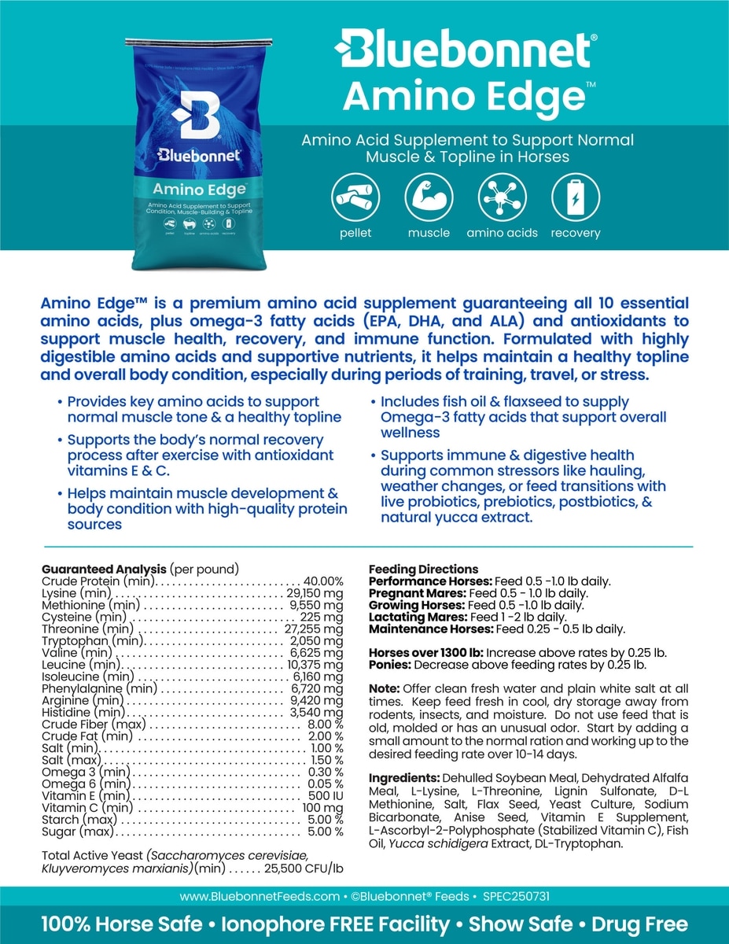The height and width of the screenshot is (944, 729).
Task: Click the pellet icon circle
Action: [x=354, y=197]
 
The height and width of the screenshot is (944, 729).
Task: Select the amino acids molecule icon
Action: [x=502, y=197]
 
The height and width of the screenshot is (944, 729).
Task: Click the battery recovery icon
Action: [x=575, y=197]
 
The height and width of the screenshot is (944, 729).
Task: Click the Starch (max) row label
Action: [x=79, y=820]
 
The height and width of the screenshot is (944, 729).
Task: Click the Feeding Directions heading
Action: [x=423, y=569]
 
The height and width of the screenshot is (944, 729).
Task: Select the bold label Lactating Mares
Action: [x=414, y=618]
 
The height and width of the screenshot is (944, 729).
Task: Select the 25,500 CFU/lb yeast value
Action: [x=304, y=868]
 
